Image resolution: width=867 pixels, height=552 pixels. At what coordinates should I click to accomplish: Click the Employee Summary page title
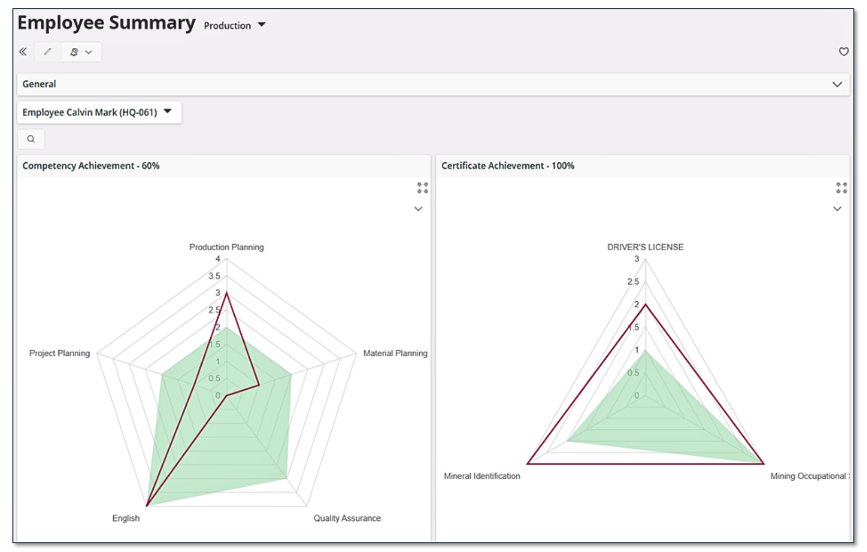(x=106, y=23)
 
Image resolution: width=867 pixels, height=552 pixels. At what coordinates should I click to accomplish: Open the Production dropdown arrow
(x=261, y=25)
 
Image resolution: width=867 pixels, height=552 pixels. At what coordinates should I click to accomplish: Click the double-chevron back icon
(x=23, y=52)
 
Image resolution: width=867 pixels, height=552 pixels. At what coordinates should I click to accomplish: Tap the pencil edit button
(x=47, y=52)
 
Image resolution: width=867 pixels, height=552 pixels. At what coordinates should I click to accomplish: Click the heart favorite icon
(x=844, y=52)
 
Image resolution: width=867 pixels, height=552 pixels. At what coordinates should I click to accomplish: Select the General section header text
(x=39, y=84)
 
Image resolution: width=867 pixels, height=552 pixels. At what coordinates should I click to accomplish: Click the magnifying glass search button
(x=31, y=139)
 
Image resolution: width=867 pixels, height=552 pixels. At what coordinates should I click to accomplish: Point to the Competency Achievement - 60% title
(x=91, y=166)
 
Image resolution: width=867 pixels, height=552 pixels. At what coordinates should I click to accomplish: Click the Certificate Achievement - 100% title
(x=507, y=166)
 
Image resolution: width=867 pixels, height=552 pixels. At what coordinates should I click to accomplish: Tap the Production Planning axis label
(x=226, y=247)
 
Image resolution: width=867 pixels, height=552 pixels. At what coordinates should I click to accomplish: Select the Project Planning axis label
(x=60, y=353)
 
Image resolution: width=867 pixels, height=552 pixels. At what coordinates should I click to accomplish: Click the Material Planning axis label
(x=395, y=353)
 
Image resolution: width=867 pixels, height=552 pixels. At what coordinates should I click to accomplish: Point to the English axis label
(x=126, y=518)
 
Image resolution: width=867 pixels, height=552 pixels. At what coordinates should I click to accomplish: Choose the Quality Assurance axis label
(x=347, y=518)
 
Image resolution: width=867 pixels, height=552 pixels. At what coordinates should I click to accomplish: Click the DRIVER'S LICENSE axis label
(x=645, y=247)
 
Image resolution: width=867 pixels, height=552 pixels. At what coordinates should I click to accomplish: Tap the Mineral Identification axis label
(x=482, y=476)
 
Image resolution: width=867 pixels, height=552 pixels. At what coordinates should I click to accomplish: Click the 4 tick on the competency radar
(x=218, y=259)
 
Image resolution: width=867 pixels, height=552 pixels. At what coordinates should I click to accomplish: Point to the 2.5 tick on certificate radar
(x=633, y=282)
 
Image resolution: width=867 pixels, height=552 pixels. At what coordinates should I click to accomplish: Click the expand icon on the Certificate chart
(x=841, y=188)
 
